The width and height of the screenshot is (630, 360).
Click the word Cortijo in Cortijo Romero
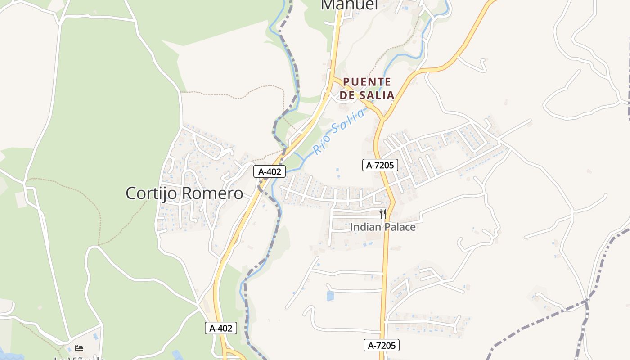pyautogui.click(x=152, y=193)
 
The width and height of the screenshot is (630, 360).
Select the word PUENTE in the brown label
pyautogui.click(x=367, y=82)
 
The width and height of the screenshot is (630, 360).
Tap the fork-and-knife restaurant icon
pyautogui.click(x=383, y=213)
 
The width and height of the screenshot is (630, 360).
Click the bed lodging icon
pyautogui.click(x=79, y=348)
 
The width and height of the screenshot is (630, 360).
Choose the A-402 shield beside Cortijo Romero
pyautogui.click(x=270, y=171)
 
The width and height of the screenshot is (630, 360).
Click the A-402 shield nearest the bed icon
pyautogui.click(x=221, y=328)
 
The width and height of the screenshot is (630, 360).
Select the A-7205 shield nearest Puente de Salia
pyautogui.click(x=380, y=165)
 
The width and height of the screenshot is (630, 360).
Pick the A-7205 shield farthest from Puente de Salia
pyautogui.click(x=382, y=345)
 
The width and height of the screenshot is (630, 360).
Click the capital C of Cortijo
pyautogui.click(x=131, y=193)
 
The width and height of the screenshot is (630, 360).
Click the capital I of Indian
pyautogui.click(x=352, y=227)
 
